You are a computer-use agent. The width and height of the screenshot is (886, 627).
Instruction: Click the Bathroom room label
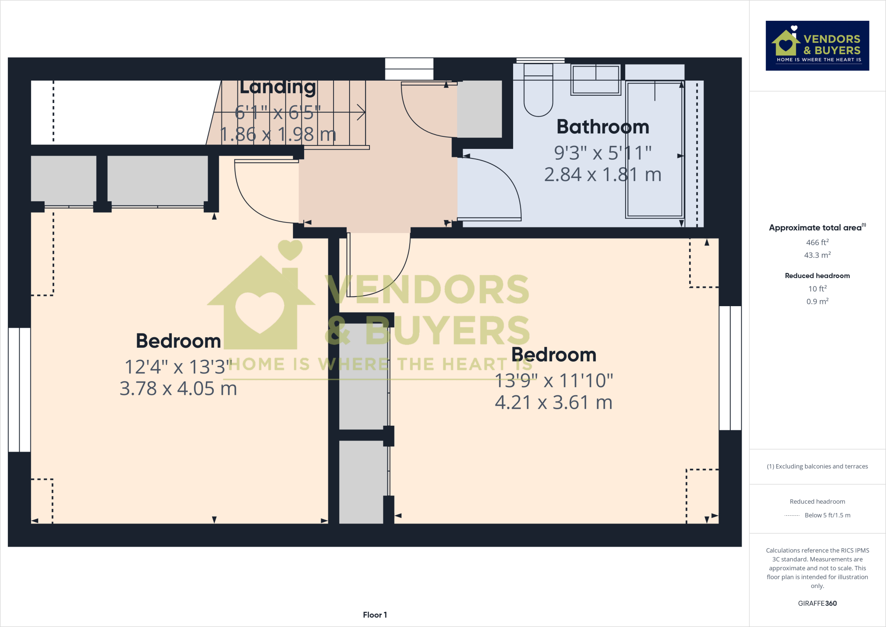tap(603, 127)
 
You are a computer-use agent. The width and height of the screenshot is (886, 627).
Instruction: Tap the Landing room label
tap(277, 87)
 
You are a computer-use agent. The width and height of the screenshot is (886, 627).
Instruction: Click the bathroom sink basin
tap(596, 80)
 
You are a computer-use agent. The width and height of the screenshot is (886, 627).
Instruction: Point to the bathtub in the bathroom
tap(655, 149)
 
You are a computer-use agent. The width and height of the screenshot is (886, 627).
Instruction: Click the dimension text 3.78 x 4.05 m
tap(178, 388)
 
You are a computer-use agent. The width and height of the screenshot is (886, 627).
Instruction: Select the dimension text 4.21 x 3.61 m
tap(553, 402)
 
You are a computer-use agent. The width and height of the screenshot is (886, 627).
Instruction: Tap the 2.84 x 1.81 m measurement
tap(603, 175)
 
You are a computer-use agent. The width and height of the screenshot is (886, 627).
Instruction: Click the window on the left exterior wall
tap(19, 390)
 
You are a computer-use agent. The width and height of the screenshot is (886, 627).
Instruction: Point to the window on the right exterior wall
tap(730, 368)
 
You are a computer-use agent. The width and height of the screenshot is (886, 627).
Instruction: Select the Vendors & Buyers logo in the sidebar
tap(817, 45)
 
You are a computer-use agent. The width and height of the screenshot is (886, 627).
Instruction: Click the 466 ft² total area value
tap(817, 242)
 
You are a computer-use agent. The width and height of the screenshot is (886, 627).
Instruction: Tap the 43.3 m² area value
tap(817, 255)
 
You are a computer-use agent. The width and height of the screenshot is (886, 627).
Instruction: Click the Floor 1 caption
tap(375, 614)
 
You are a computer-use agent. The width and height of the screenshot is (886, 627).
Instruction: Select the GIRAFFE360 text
tap(817, 603)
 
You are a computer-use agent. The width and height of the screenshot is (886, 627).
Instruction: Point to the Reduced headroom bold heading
tap(817, 275)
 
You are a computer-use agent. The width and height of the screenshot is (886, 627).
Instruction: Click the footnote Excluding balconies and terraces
tap(817, 466)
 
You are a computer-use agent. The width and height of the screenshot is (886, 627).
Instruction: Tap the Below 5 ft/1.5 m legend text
tap(827, 515)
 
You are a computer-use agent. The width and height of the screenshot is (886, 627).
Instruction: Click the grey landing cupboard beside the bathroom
tap(479, 109)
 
